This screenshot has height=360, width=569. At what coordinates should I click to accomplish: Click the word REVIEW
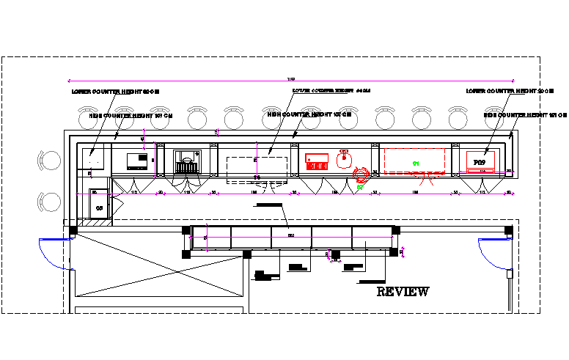pos(403,292)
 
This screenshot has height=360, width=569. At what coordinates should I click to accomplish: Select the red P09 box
pos(480,161)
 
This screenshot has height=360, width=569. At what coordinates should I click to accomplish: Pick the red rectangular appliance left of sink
pos(316,162)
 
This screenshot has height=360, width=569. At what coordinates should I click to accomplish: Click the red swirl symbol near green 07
pos(361,174)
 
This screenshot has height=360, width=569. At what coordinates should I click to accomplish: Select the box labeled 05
pos(99,206)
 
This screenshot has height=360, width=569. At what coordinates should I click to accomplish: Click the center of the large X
pos(159,265)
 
